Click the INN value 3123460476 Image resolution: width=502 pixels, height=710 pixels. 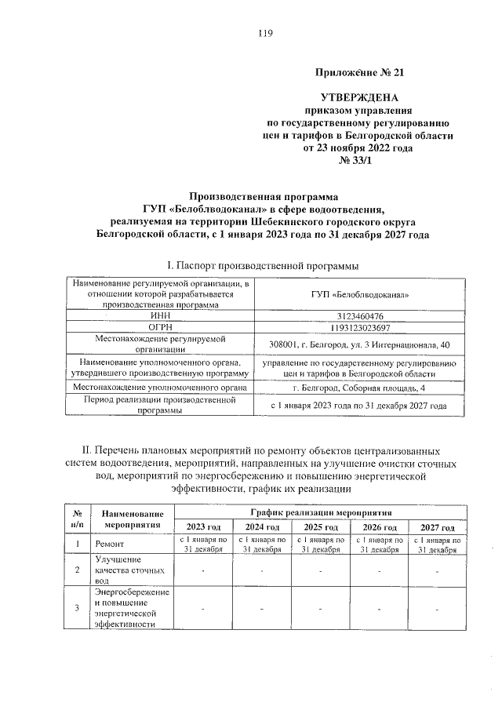point(358,315)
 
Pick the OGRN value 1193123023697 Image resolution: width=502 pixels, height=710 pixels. point(358,326)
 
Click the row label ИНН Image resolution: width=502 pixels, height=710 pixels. point(160,315)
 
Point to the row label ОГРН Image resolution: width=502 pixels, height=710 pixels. point(160,326)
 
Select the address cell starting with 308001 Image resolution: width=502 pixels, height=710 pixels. point(358,344)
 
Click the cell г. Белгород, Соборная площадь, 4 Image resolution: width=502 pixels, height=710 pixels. point(358,388)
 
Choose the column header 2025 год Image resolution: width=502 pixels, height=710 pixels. point(321,527)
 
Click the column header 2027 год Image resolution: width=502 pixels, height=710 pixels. point(437,527)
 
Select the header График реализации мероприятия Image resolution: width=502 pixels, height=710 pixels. point(321,510)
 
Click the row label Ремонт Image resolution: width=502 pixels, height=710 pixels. point(110,544)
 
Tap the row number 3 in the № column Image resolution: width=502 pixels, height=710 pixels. point(77,607)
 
